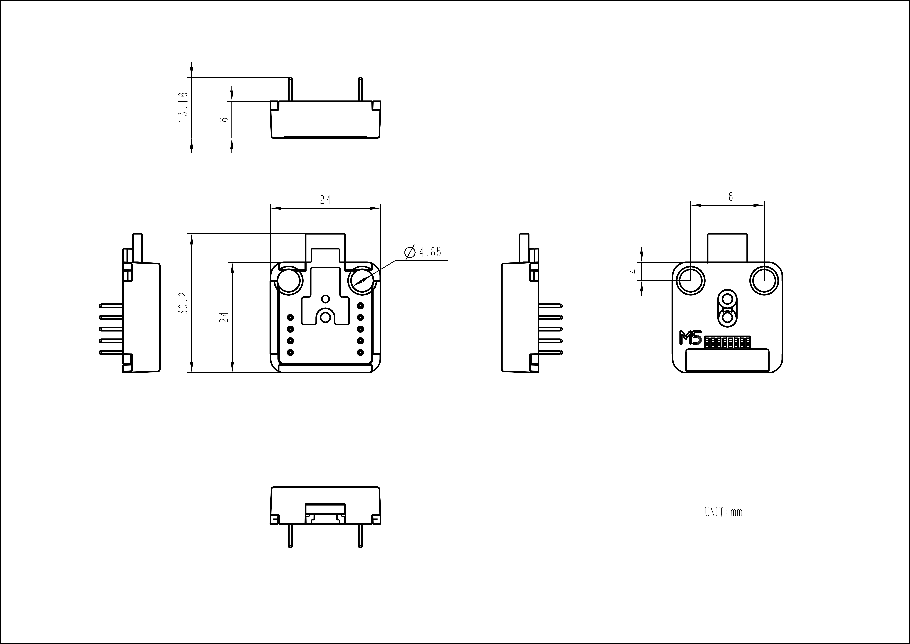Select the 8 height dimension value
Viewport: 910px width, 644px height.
tap(224, 119)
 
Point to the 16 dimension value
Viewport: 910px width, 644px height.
tap(727, 197)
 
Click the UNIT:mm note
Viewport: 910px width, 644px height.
tap(723, 512)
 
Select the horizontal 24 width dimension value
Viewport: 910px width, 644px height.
tap(325, 200)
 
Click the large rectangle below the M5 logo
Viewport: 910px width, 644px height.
tap(727, 360)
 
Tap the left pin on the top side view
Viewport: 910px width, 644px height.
tap(291, 89)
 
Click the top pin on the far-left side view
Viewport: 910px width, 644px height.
tap(111, 305)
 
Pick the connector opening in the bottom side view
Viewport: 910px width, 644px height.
tap(325, 514)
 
